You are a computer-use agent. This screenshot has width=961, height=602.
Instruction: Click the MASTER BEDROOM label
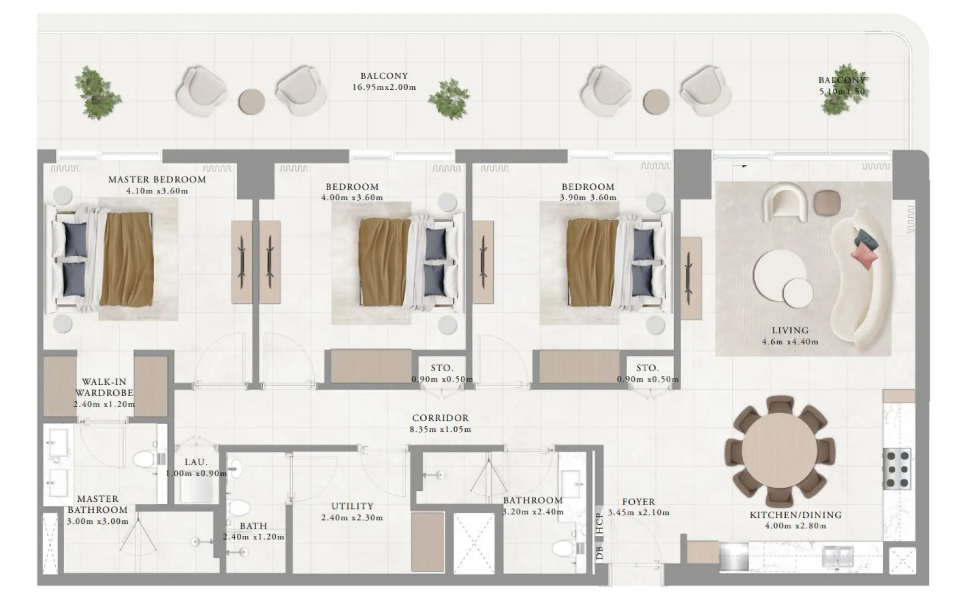point(157,180)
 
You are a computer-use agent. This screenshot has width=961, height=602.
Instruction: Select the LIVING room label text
point(790,331)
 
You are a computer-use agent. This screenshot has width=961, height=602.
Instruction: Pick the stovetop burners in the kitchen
point(897,469)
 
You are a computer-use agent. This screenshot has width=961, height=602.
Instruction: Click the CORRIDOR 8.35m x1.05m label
point(441,424)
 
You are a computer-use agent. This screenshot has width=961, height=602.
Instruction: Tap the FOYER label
point(638,502)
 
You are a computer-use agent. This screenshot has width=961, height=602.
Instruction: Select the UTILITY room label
point(352,507)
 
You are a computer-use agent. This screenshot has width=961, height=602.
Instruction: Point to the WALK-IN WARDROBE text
point(104,387)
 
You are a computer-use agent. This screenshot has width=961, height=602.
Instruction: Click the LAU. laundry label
point(195,462)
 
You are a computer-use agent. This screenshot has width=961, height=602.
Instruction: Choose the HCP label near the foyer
point(600,523)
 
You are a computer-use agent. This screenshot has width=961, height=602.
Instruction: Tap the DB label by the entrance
point(600,553)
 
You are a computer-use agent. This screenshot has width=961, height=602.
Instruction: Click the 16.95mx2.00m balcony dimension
point(384,87)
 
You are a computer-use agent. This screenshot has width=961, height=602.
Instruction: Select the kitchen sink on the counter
point(837,557)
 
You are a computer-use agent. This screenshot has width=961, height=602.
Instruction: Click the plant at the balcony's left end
point(97,92)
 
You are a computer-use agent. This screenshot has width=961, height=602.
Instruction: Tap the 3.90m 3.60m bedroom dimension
point(588,198)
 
